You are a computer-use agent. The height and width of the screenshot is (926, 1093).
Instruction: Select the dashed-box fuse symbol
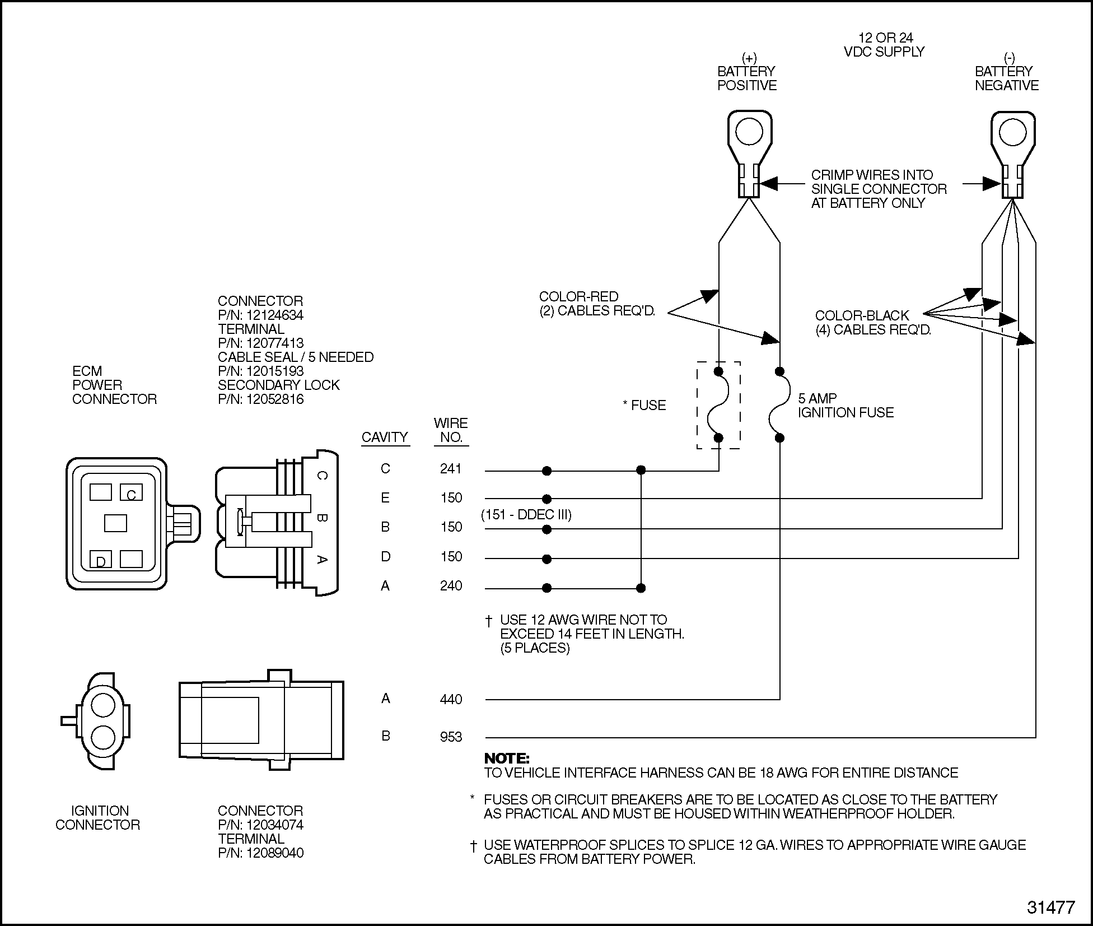(718, 404)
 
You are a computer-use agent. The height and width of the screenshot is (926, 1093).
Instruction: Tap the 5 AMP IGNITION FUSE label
(845, 406)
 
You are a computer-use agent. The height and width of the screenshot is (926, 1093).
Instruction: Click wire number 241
(451, 469)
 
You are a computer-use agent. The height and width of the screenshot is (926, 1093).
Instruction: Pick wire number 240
(451, 586)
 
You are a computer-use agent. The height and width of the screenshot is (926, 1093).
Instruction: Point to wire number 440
(451, 699)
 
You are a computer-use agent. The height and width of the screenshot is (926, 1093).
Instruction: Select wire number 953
(451, 737)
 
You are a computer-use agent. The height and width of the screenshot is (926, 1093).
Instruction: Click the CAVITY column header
(385, 438)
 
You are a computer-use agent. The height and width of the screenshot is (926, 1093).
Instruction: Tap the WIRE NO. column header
(451, 430)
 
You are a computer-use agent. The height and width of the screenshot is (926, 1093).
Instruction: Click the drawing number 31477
(1050, 908)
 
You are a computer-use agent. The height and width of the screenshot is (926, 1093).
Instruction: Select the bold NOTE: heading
(506, 759)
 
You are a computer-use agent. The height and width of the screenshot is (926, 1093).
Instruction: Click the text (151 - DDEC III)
(526, 515)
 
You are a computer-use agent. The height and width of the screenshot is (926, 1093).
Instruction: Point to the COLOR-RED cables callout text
(596, 304)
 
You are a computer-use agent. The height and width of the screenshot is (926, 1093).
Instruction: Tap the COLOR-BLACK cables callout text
(872, 323)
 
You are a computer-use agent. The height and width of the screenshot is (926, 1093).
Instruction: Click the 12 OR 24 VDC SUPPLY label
(885, 45)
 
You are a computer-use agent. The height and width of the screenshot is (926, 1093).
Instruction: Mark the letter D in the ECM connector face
(101, 562)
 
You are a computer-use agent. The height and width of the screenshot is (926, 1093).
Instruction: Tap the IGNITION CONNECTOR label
(99, 818)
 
